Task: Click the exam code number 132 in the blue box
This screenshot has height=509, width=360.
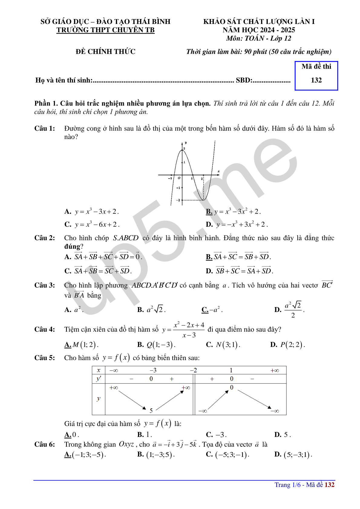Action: tap(316, 80)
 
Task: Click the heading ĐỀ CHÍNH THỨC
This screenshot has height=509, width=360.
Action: tap(105, 52)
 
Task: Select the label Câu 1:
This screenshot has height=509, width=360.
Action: tap(45, 128)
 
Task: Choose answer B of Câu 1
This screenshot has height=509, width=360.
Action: tap(233, 212)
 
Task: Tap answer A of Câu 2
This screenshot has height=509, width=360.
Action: tap(103, 257)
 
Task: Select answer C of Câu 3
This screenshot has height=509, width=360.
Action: tap(212, 310)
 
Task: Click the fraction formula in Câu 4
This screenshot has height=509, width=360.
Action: tap(189, 330)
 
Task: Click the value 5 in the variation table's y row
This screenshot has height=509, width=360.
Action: tap(151, 410)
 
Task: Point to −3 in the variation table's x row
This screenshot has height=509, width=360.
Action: tap(153, 370)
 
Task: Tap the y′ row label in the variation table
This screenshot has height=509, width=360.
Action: tap(99, 379)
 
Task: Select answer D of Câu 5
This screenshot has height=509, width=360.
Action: tap(283, 435)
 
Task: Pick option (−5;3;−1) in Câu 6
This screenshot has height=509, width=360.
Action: tap(228, 455)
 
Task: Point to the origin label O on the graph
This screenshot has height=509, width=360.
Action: tap(179, 178)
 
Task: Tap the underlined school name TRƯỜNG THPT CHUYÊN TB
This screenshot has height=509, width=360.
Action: tap(105, 30)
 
